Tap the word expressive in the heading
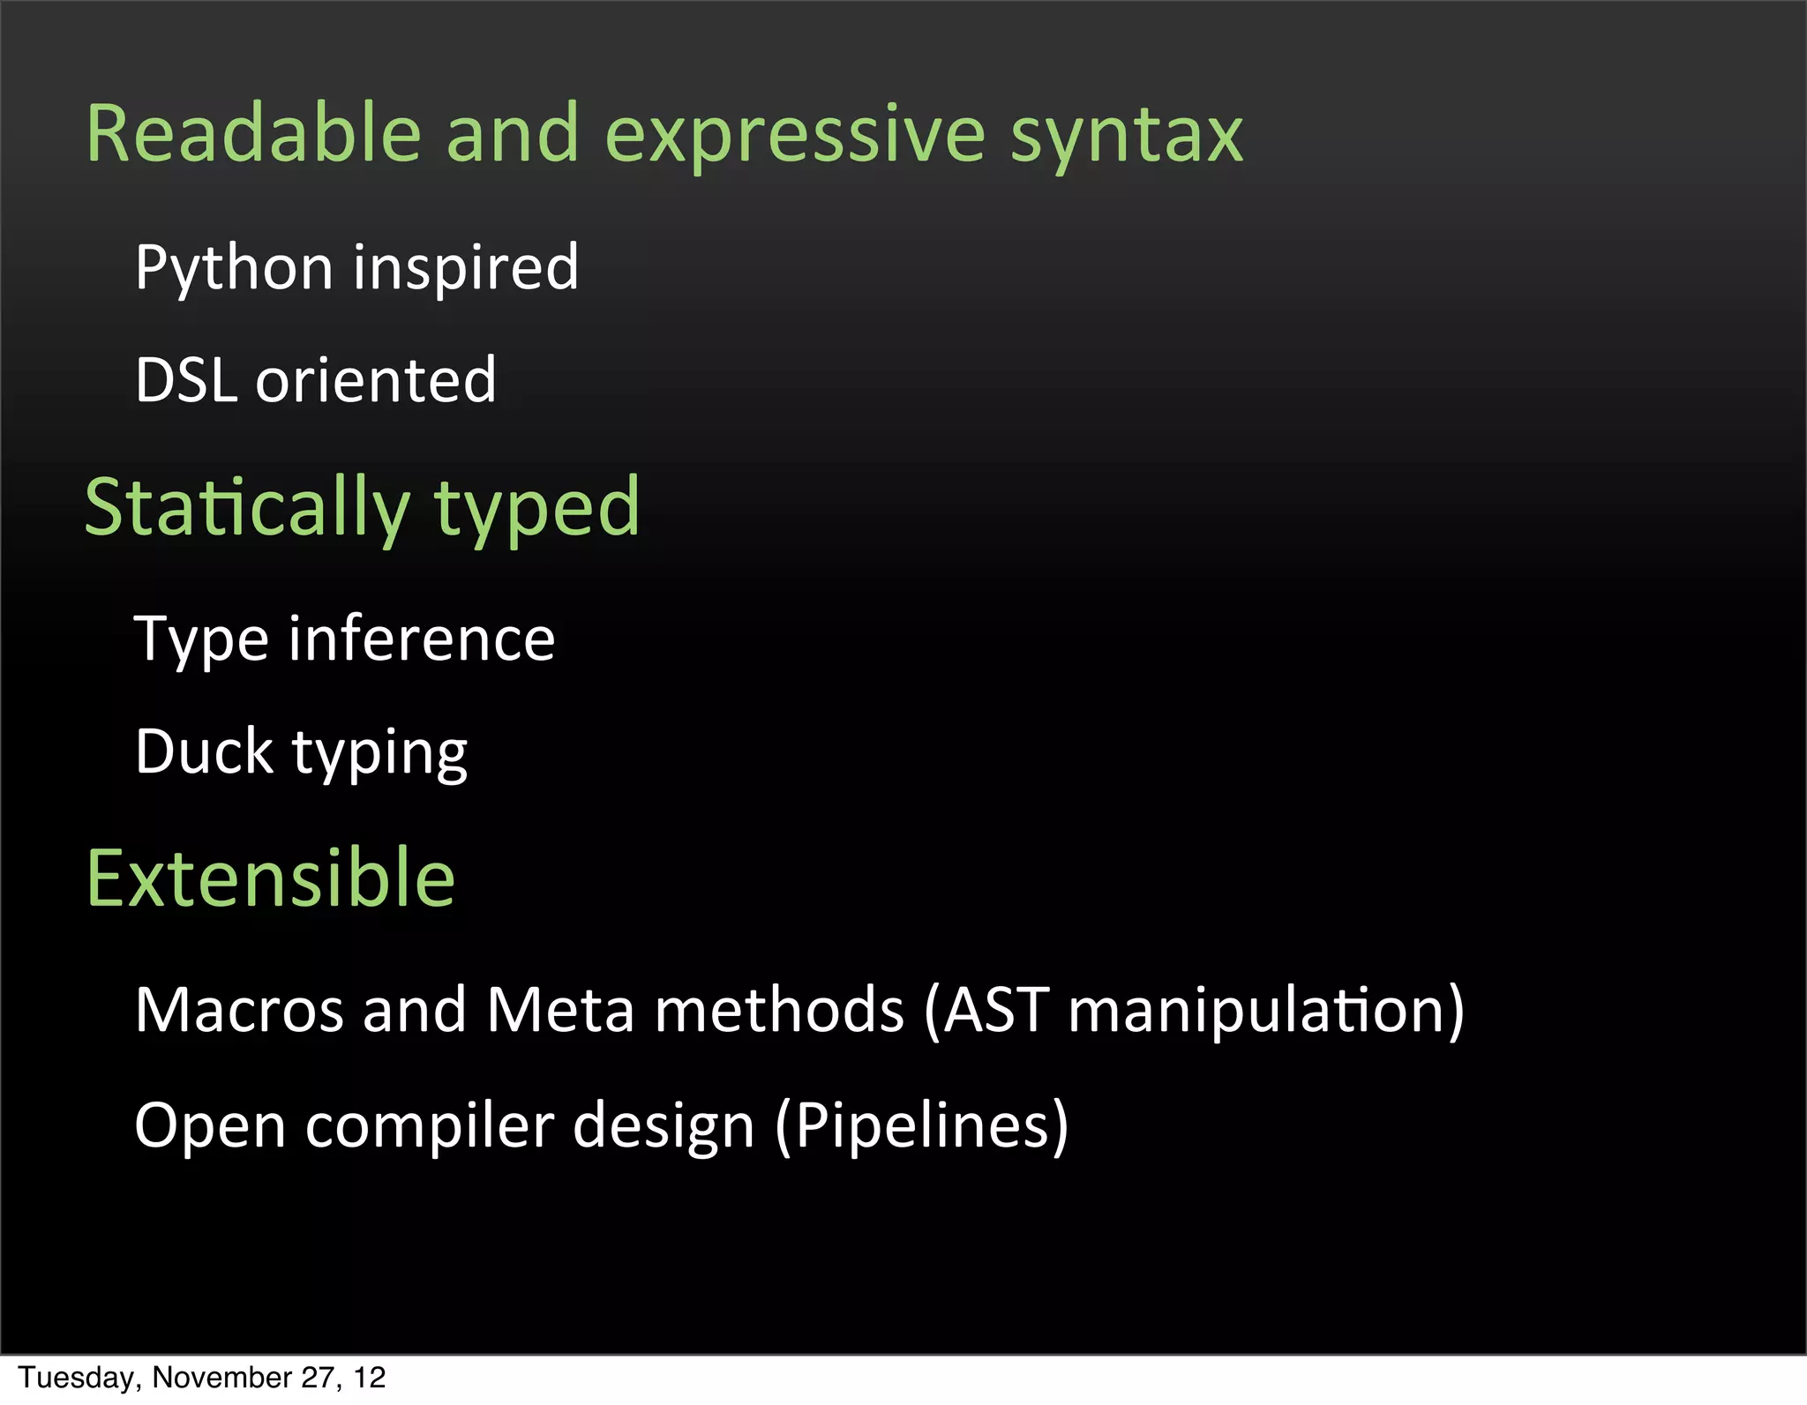(x=794, y=135)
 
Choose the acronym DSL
(x=186, y=380)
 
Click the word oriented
(x=376, y=380)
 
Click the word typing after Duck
(x=379, y=753)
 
